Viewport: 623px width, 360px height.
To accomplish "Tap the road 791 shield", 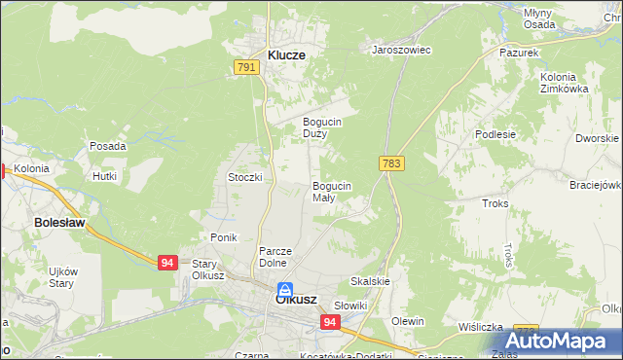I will [245, 67].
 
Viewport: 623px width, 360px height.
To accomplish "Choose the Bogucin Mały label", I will [331, 191].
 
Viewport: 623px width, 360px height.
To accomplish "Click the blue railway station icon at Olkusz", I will [285, 289].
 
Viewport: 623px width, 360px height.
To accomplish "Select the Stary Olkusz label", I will [203, 270].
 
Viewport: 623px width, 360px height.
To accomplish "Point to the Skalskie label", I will [370, 281].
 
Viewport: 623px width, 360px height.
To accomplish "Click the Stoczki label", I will [245, 177].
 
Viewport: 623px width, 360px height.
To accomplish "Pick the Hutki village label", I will [104, 176].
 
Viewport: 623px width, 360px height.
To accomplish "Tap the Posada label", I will [107, 146].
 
